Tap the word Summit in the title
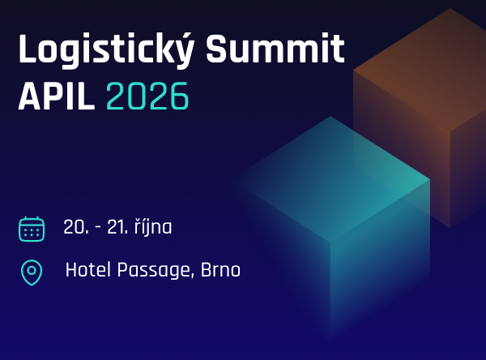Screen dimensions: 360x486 point(275,50)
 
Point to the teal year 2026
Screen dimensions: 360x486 point(147,97)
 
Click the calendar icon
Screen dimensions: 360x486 point(32,229)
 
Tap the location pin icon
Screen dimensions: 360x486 point(32,272)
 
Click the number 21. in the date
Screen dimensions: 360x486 point(117,228)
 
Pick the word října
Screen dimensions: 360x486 point(154,228)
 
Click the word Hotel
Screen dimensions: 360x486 point(85,270)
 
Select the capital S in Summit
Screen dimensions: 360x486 point(217,50)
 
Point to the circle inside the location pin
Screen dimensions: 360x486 point(32,269)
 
